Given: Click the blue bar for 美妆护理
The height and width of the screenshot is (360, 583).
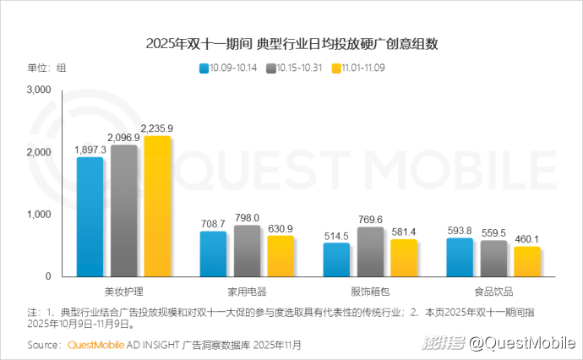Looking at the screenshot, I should tap(90, 217).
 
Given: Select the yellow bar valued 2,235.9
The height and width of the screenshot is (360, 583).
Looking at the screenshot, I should tap(157, 206).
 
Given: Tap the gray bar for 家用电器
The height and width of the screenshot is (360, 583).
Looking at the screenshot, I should tap(247, 251).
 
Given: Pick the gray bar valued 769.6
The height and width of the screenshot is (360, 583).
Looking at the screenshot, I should tap(370, 252).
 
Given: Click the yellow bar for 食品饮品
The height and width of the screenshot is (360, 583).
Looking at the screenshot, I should tap(526, 261).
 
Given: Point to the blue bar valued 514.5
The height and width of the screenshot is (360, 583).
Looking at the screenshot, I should tap(336, 259).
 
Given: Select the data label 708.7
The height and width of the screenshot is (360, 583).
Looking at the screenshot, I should tap(213, 224).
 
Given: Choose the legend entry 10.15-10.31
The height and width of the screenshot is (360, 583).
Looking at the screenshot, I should tap(298, 67).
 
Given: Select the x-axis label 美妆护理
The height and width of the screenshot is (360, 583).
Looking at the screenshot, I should tap(123, 291).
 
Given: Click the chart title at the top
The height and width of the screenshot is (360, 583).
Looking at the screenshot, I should tap(291, 43).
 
